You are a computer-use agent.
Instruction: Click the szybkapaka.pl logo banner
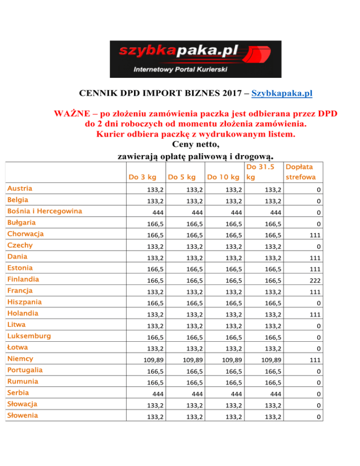[195, 59]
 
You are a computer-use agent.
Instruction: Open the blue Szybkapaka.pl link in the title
[282, 94]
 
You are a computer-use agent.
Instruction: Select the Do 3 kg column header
[142, 177]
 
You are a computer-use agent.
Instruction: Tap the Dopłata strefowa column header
[300, 172]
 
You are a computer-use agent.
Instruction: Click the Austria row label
[20, 188]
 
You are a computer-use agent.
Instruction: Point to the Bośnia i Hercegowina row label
[45, 211]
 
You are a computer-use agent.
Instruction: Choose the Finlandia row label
[22, 279]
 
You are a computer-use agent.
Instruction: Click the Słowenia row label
[22, 415]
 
